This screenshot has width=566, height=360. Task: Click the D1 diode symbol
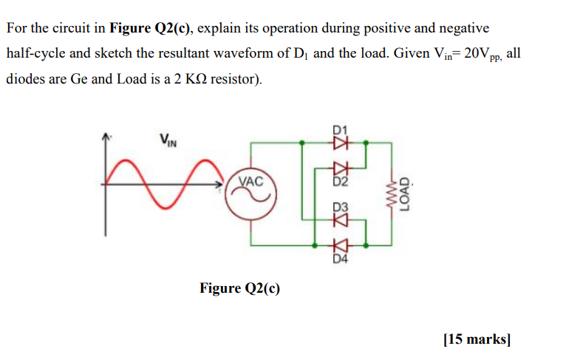[341, 143]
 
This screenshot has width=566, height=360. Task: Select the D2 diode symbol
[341, 169]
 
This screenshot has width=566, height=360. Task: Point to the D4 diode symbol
[341, 244]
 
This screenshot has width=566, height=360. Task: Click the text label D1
[340, 131]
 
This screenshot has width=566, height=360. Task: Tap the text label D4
[340, 258]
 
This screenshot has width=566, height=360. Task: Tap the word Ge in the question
[79, 78]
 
